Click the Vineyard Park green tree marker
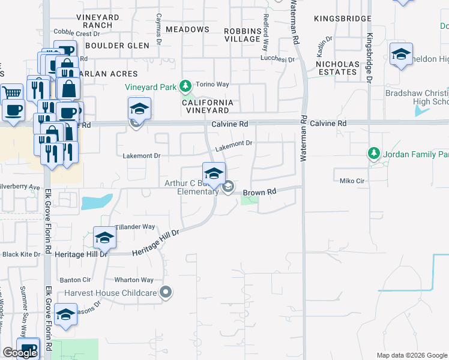[186, 87]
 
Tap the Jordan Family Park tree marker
[374, 154]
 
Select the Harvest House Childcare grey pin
[166, 293]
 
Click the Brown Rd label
[259, 192]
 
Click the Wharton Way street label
[134, 280]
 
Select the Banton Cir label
[75, 280]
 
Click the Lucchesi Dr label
[277, 59]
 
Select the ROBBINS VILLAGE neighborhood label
[242, 34]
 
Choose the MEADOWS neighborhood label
[187, 29]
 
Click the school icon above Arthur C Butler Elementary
[213, 173]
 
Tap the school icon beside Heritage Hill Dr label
[104, 238]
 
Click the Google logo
[20, 353]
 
